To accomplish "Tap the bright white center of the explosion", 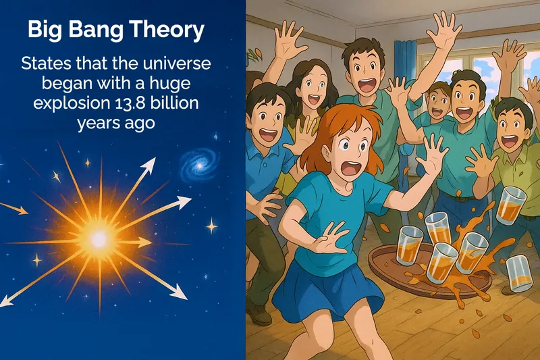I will [x=99, y=238].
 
